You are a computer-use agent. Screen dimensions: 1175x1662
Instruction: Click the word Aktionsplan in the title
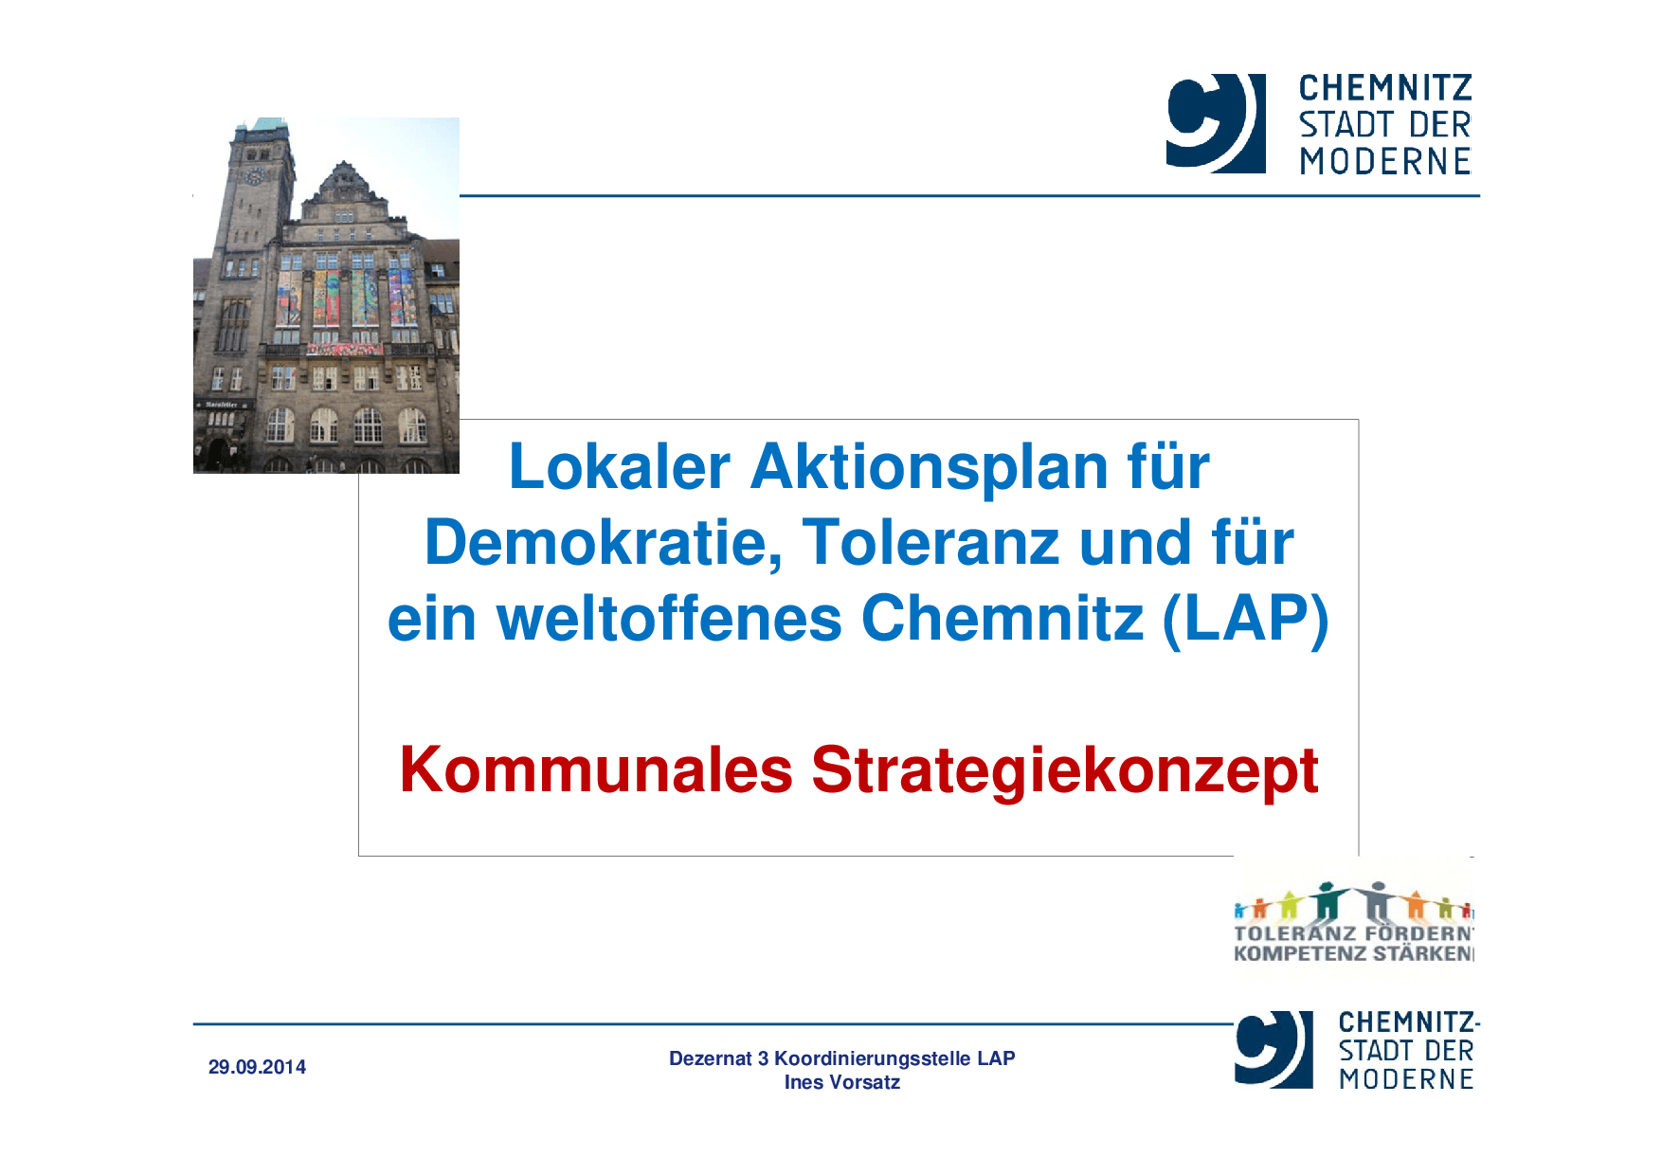tap(929, 467)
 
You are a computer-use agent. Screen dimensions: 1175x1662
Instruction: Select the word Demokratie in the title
tap(603, 543)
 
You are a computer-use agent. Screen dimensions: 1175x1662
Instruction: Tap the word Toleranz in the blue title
tap(930, 543)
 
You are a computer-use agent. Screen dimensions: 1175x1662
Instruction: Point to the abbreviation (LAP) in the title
tap(1245, 619)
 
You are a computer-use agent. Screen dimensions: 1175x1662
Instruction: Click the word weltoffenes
tap(669, 619)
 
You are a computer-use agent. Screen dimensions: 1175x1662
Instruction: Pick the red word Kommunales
tap(595, 769)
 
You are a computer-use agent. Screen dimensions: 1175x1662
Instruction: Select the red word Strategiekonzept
tap(1064, 771)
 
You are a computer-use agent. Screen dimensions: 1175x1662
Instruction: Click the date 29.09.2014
tap(257, 1067)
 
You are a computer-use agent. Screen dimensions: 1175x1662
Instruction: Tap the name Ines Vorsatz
tap(841, 1082)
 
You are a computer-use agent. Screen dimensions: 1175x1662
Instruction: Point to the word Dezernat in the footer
tap(710, 1058)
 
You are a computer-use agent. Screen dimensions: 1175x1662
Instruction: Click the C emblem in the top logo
tap(1215, 123)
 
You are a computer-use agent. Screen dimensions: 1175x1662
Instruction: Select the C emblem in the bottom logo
tap(1273, 1049)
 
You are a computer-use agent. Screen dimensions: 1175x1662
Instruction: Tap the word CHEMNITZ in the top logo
tap(1384, 88)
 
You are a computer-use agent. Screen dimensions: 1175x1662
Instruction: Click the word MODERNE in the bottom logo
tap(1406, 1079)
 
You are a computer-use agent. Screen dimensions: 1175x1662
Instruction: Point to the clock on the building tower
tap(254, 176)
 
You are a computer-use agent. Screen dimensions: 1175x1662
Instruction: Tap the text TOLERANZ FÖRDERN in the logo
tap(1353, 933)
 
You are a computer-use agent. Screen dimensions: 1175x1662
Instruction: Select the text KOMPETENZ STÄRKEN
tap(1353, 954)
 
